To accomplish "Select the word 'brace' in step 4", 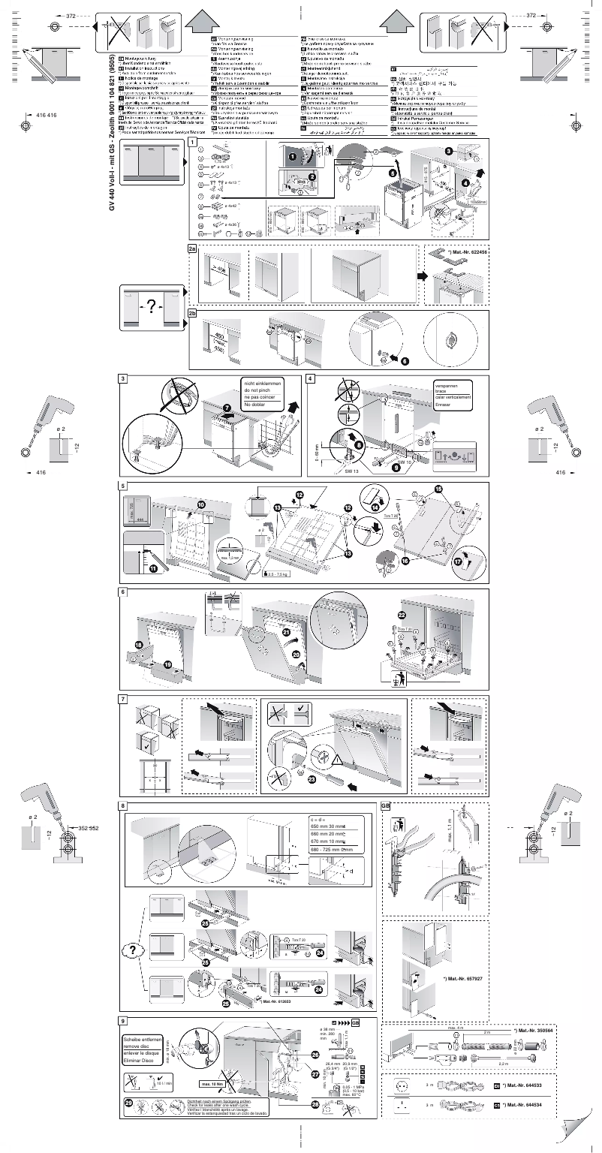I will coord(442,392).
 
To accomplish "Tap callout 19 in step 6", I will coord(168,664).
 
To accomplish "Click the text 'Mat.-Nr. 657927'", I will coord(465,979).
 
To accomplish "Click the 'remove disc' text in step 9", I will coord(140,1045).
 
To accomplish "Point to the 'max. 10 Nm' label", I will coord(213,1083).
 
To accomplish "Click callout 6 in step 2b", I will coord(405,360).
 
